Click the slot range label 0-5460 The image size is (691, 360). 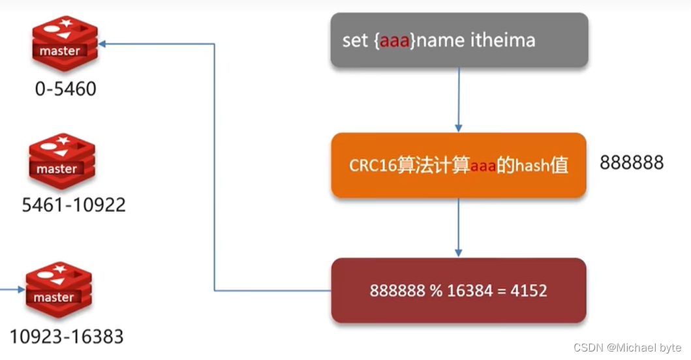pos(65,88)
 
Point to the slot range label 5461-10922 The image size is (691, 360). pos(74,205)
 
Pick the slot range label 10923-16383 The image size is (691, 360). pos(66,337)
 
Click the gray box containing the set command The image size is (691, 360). pos(459,40)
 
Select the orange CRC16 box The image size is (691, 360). pos(458,165)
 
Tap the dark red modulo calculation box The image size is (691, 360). pos(458,290)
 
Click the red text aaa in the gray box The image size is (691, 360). pos(393,40)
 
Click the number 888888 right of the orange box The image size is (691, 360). pos(631,162)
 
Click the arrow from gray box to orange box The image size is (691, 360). pos(459,98)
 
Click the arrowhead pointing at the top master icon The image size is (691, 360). pos(104,44)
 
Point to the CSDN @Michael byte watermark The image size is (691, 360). pos(628,348)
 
